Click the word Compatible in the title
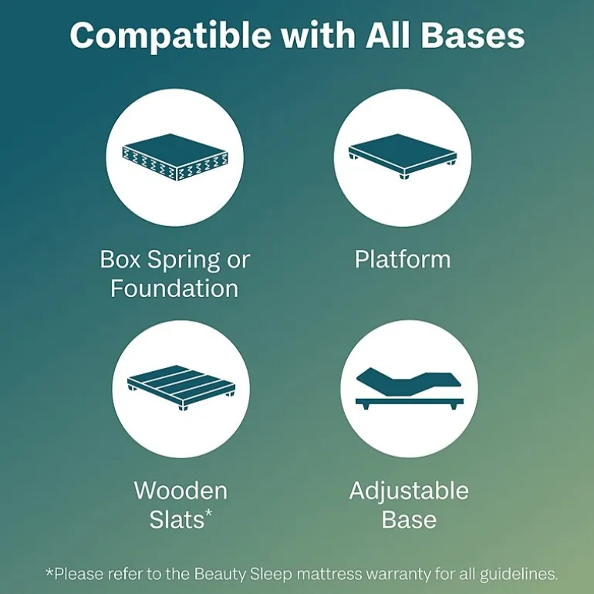click(170, 35)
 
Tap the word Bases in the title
click(473, 35)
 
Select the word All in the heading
click(388, 35)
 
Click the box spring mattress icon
click(175, 157)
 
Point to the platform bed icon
click(403, 156)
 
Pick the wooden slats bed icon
click(181, 388)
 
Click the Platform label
click(403, 259)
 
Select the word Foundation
click(174, 289)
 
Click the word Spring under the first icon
click(184, 261)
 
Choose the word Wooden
click(181, 491)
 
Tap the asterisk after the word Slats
click(208, 514)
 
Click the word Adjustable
click(409, 491)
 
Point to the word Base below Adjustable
click(409, 519)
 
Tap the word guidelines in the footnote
click(518, 574)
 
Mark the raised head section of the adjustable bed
click(379, 380)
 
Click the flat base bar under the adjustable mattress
click(409, 401)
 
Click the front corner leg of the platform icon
click(404, 176)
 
